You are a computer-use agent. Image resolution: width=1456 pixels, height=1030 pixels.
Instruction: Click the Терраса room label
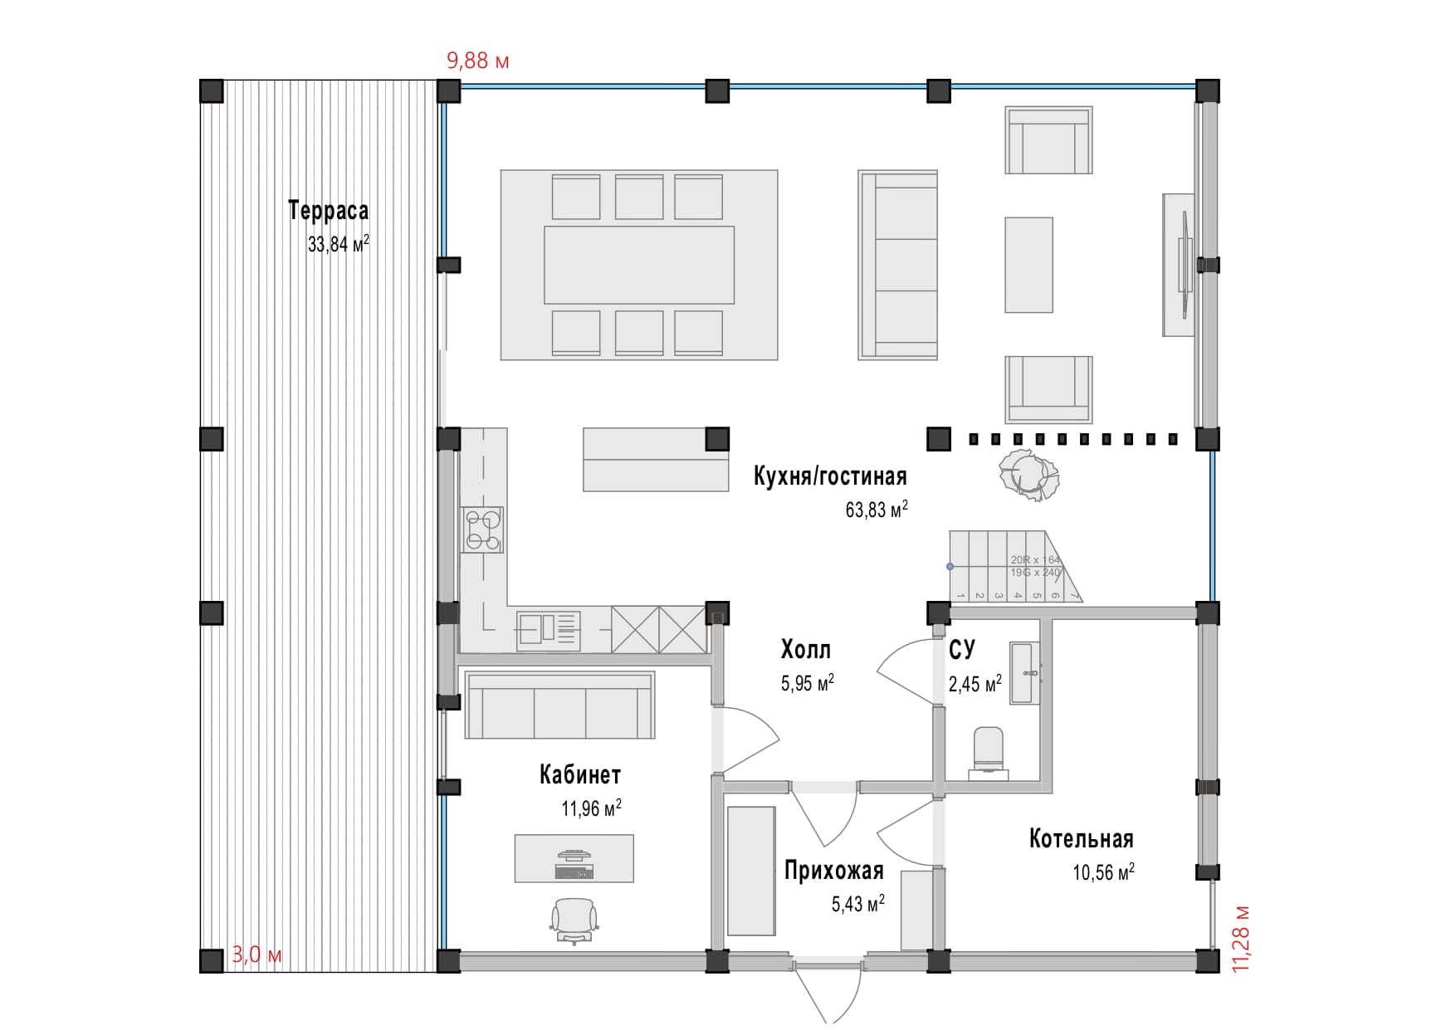pyautogui.click(x=328, y=211)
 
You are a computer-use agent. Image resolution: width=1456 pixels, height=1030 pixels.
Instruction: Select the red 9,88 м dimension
pyautogui.click(x=477, y=61)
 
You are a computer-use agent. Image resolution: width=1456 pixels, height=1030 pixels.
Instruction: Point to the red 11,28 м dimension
pyautogui.click(x=1240, y=938)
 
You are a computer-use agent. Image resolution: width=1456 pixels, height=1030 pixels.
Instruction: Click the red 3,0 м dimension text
pyautogui.click(x=257, y=954)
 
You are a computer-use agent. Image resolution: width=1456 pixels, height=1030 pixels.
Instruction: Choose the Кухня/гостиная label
pyautogui.click(x=829, y=476)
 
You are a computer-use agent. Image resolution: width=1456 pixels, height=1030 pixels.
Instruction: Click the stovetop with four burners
pyautogui.click(x=483, y=530)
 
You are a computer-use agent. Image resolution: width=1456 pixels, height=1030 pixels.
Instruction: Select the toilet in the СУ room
pyautogui.click(x=988, y=751)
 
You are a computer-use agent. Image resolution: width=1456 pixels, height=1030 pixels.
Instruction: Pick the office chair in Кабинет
pyautogui.click(x=574, y=920)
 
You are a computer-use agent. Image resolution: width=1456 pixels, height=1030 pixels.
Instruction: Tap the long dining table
pyautogui.click(x=639, y=265)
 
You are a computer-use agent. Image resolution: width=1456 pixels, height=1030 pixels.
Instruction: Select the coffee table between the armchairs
pyautogui.click(x=1028, y=265)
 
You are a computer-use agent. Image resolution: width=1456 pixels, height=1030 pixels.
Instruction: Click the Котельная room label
pyautogui.click(x=1081, y=839)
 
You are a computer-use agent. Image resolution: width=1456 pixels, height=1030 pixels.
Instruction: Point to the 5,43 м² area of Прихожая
pyautogui.click(x=857, y=903)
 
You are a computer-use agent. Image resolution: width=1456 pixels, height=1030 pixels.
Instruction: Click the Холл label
pyautogui.click(x=805, y=649)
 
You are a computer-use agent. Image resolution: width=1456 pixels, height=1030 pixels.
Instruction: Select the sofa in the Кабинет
pyautogui.click(x=559, y=705)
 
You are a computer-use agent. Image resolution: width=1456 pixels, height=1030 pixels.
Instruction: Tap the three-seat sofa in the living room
pyautogui.click(x=897, y=265)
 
